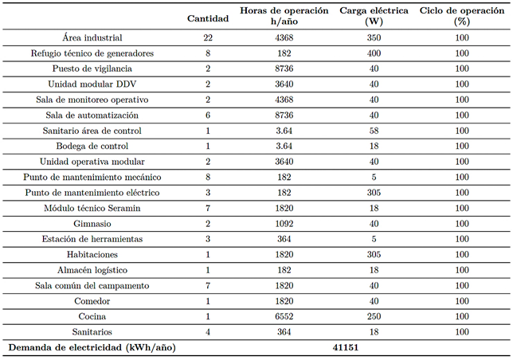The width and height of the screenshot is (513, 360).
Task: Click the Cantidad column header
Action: coord(207,18)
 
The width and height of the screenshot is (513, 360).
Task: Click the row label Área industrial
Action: coord(92,38)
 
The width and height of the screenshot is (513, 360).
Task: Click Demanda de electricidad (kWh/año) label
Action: coord(92,348)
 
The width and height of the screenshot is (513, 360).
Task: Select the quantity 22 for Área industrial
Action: coord(208,38)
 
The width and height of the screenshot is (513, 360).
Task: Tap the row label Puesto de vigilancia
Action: coord(92,69)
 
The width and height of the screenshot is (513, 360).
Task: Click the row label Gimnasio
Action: coord(92,224)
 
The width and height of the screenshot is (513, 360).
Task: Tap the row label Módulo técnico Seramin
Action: coord(92,209)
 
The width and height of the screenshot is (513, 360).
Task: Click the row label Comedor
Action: coord(92,301)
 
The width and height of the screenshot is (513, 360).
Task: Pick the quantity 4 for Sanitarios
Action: coord(208,332)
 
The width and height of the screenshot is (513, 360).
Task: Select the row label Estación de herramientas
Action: coord(92,240)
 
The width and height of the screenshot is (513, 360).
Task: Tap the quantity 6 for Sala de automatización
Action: coord(208,115)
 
